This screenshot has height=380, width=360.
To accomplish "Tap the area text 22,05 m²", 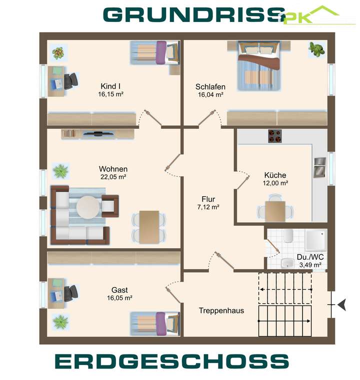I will click(113, 177).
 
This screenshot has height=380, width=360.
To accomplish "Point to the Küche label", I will click(275, 175).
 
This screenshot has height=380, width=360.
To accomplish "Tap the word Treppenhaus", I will click(221, 311).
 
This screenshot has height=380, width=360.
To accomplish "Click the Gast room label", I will click(119, 290).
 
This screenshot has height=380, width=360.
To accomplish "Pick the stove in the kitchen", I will click(274, 136).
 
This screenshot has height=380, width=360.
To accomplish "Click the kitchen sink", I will click(319, 167).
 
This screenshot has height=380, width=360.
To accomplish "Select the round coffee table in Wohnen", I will click(88, 207).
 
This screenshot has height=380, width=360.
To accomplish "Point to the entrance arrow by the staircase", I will click(342, 304).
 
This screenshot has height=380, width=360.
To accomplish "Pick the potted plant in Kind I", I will click(58, 51).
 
